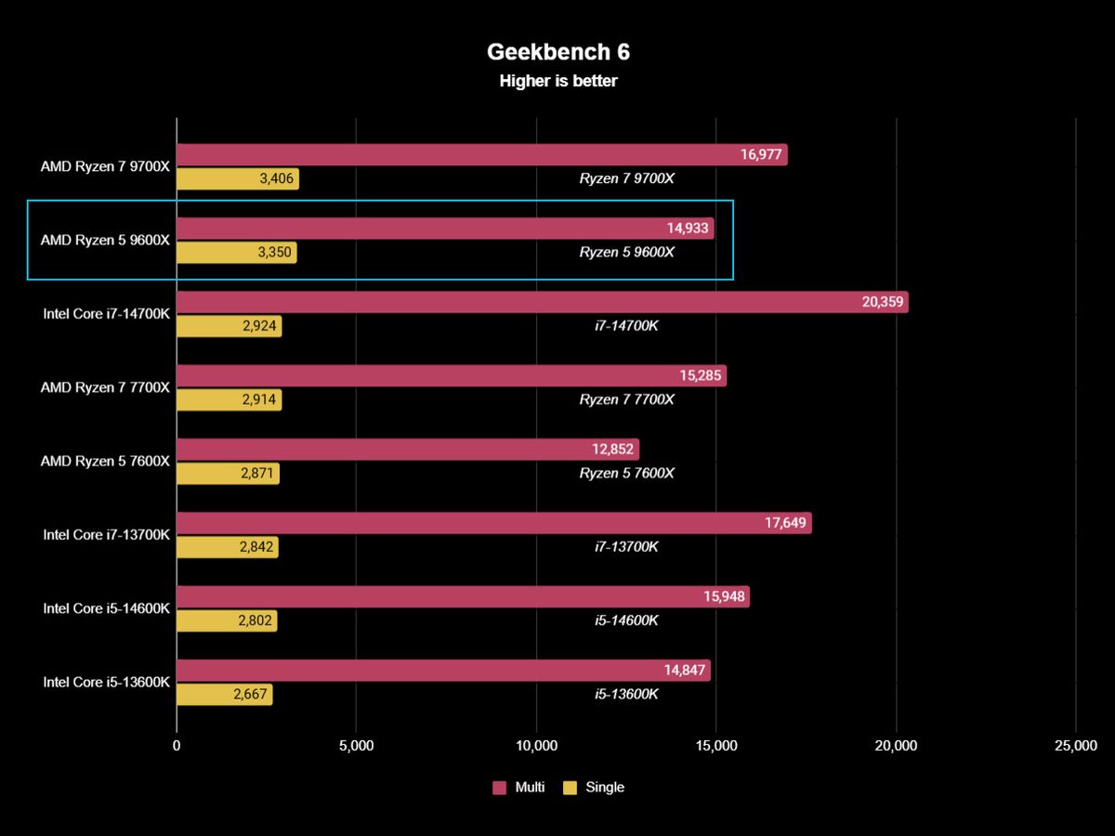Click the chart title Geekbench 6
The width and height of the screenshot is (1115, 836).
[x=557, y=52]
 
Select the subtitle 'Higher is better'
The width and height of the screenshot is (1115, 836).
[x=557, y=82]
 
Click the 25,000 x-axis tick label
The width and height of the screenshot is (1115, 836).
[x=1075, y=746]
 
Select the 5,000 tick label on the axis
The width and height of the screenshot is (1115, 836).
[x=357, y=746]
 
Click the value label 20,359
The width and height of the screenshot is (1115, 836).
[x=882, y=302]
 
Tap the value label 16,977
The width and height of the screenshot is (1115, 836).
[x=761, y=155]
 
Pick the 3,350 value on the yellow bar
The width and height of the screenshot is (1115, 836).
[x=274, y=253]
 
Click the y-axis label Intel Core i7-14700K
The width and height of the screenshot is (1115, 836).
[x=106, y=314]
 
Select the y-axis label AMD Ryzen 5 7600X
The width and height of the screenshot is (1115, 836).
[x=105, y=461]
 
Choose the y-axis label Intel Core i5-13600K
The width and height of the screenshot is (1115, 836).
[x=106, y=682]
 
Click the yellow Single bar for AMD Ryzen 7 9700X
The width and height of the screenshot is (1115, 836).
[x=238, y=179]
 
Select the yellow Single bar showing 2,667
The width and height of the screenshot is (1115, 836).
[x=224, y=695]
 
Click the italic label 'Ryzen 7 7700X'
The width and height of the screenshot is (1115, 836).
[x=626, y=399]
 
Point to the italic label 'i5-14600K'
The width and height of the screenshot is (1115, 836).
[x=626, y=620]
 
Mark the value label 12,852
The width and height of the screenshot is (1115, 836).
[x=612, y=450]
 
